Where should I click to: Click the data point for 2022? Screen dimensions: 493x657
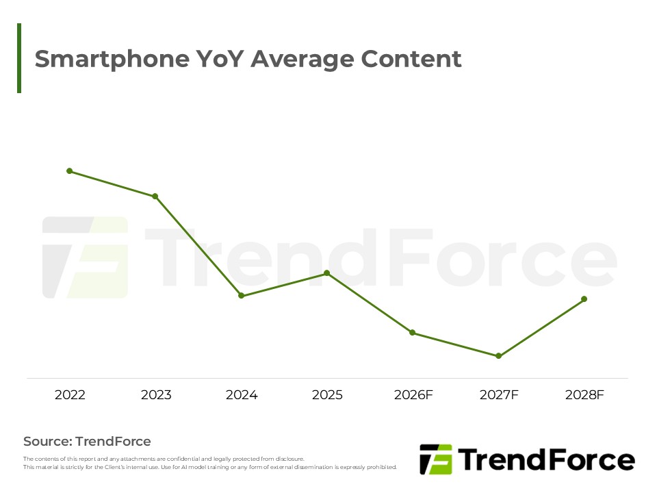pos(69,170)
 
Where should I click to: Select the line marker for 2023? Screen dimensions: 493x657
pos(155,197)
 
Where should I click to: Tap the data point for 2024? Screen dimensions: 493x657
pos(241,296)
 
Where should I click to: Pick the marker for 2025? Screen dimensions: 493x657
pos(326,273)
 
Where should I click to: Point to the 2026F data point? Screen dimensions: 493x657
pos(412,333)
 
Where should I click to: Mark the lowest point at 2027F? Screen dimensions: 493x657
pos(498,356)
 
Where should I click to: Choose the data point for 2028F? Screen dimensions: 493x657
pos(584,299)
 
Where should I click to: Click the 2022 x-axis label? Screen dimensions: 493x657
pos(70,395)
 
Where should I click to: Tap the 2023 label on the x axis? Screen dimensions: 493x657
pos(156,395)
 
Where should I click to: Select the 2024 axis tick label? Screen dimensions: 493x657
pos(242,395)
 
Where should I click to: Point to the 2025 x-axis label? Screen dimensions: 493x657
pos(327,395)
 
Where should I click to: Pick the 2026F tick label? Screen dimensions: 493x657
pos(413,395)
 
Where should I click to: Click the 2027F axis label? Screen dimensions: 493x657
pos(499,395)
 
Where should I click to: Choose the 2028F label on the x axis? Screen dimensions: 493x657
pos(585,395)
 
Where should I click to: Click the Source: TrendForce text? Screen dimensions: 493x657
pos(87,442)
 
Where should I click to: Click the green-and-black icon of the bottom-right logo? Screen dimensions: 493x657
pos(435,459)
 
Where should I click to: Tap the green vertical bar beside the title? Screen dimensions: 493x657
pos(19,58)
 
